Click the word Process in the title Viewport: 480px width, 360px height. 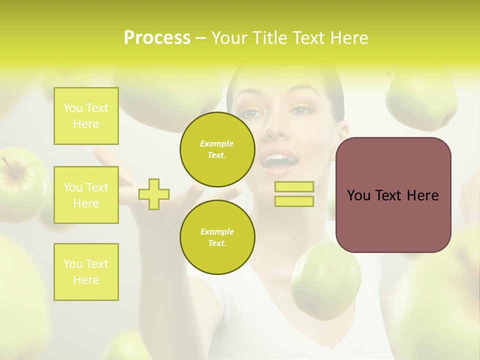pos(157,38)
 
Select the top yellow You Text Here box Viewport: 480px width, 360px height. pos(86,116)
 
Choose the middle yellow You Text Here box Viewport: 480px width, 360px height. pos(86,195)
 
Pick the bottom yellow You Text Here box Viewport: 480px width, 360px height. pos(86,272)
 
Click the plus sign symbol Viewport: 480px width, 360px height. pos(154,194)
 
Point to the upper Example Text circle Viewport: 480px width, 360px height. pos(217,149)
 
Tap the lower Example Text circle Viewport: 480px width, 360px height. pos(217,237)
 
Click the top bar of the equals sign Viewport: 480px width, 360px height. pos(294,187)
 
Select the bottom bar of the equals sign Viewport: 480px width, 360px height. pos(294,201)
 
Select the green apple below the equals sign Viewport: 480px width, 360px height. pos(326,280)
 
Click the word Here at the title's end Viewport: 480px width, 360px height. pos(348,38)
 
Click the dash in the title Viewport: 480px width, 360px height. pos(200,38)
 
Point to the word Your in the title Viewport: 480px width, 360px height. pos(229,38)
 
